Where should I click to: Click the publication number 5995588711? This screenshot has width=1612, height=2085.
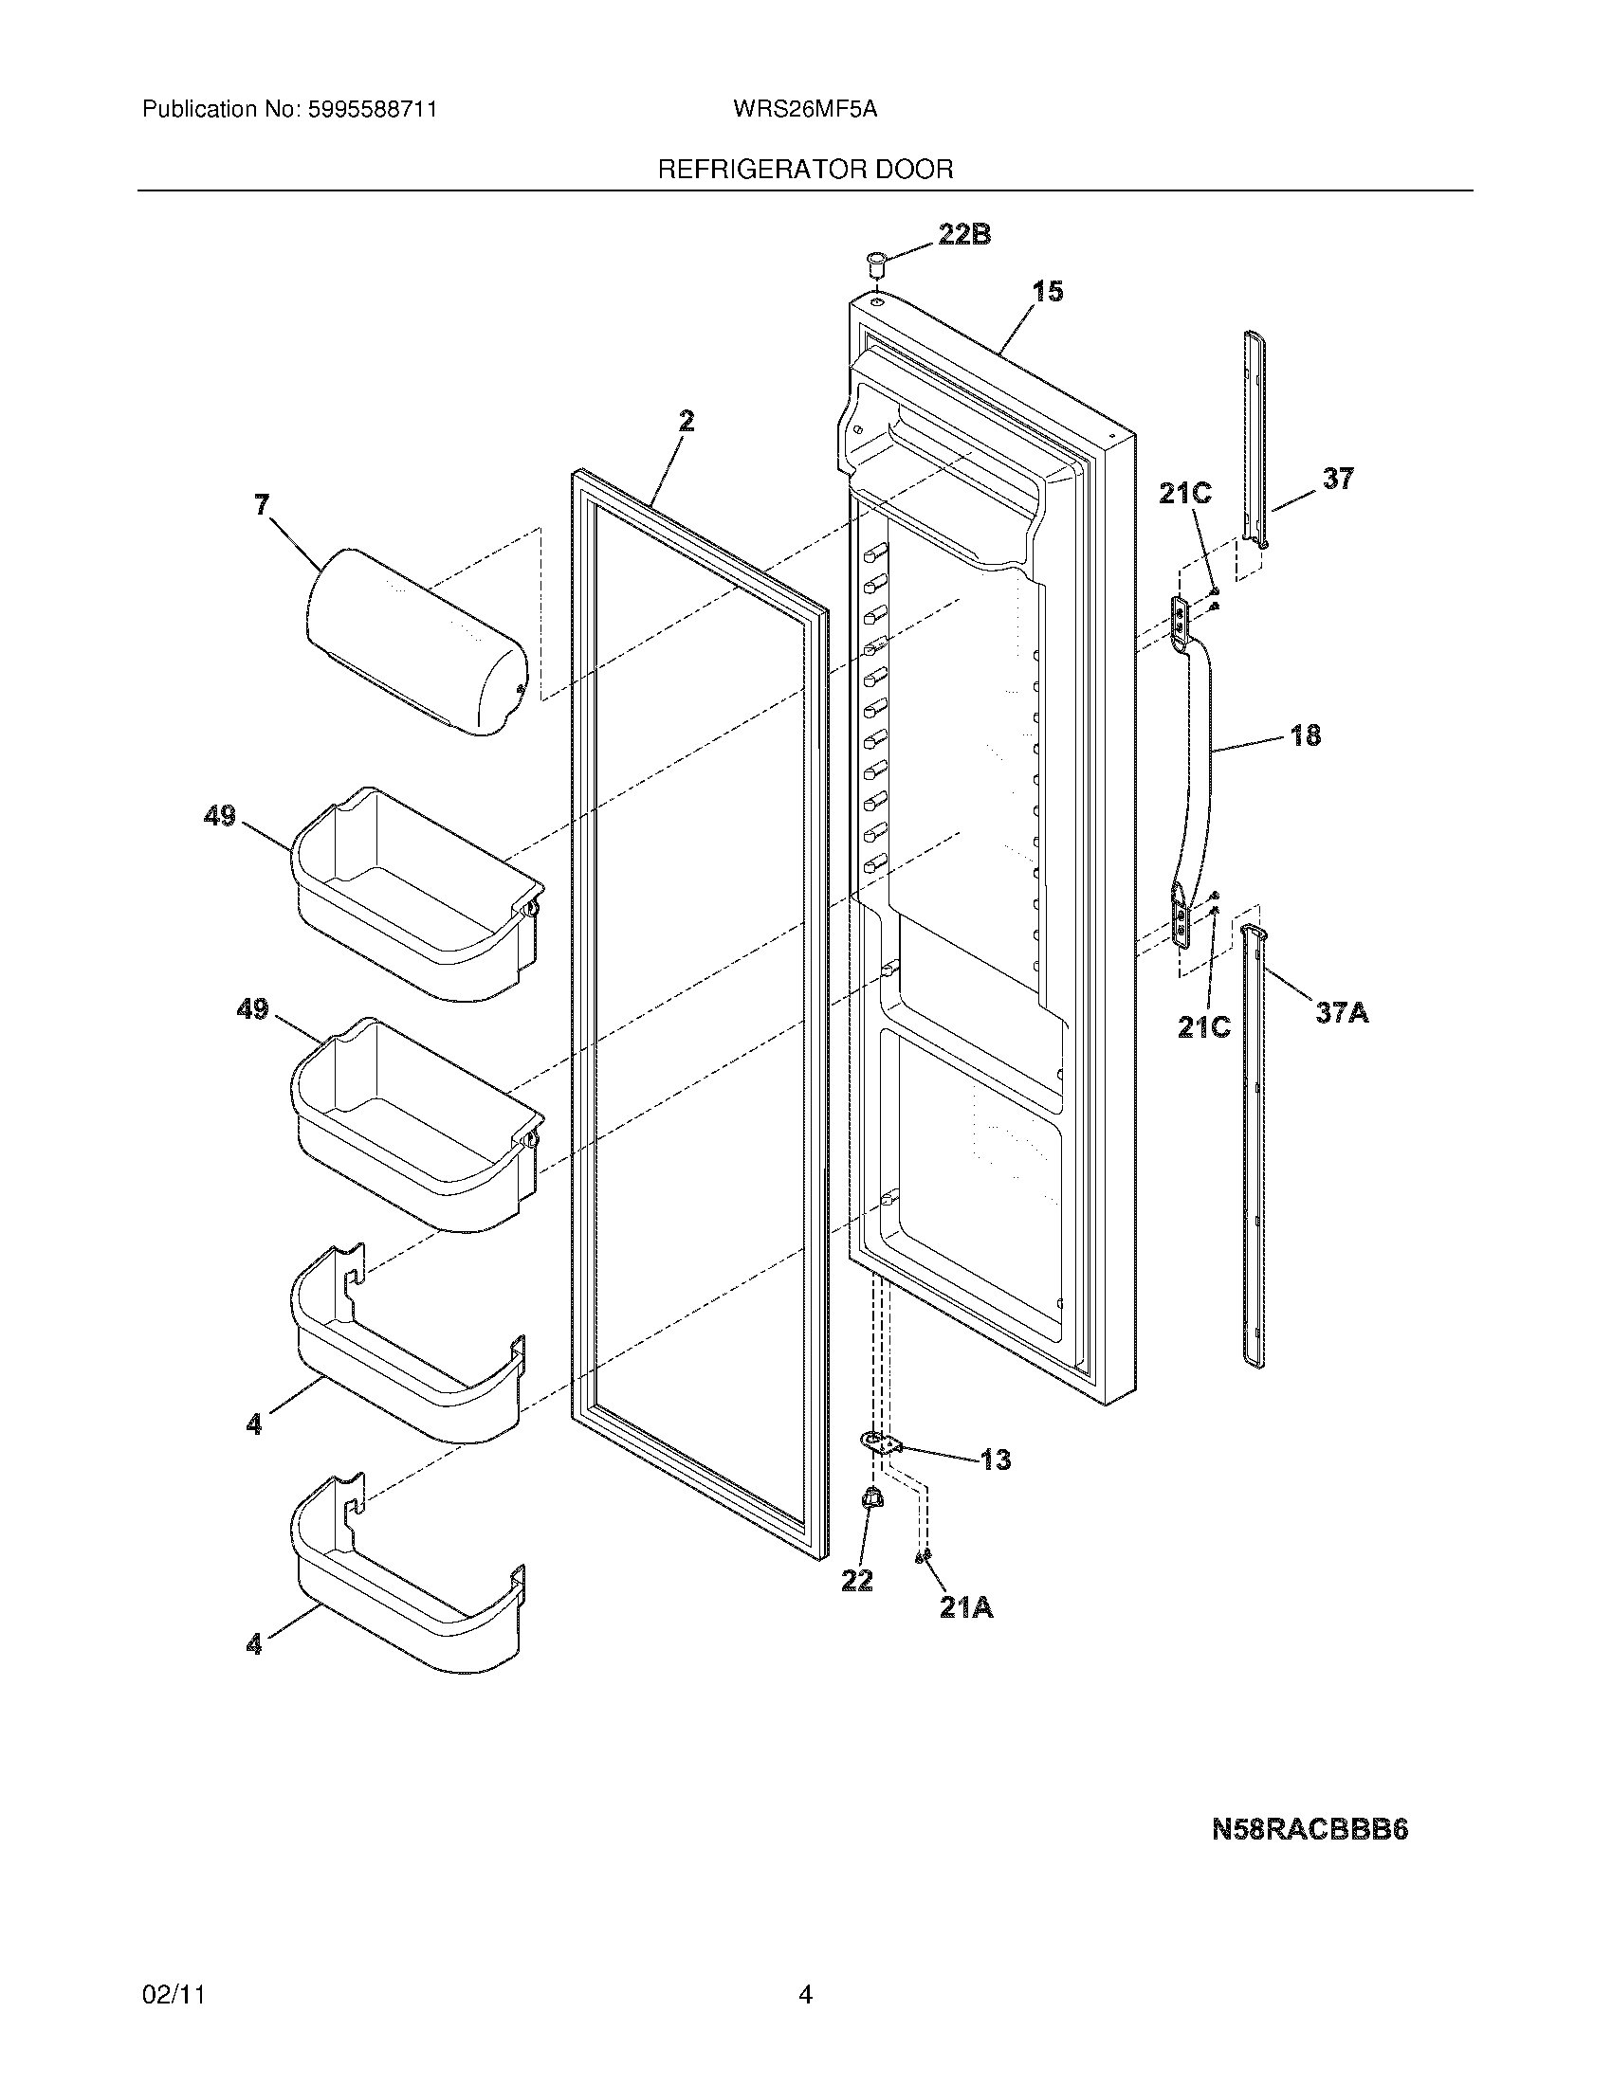point(373,110)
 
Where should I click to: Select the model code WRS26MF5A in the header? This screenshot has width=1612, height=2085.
point(805,110)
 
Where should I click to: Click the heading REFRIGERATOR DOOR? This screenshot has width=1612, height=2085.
point(805,170)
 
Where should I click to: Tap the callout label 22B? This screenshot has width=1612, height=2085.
point(963,235)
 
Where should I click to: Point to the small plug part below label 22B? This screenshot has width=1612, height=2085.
point(875,260)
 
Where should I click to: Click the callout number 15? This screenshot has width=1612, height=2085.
point(1048,291)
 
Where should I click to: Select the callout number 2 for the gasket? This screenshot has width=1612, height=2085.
point(686,421)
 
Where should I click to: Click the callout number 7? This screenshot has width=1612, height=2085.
point(262,505)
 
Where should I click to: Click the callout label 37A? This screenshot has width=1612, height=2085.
point(1342,1013)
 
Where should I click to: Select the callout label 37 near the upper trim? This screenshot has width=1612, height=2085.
point(1337,479)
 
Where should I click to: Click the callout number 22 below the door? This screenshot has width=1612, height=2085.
point(856,1581)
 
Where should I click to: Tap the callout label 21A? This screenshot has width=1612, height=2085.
point(966,1608)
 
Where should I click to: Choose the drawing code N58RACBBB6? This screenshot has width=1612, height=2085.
point(1310,1830)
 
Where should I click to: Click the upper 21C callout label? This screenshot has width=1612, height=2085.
point(1184,494)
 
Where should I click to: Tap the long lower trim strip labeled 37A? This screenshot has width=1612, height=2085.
point(1255,1146)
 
